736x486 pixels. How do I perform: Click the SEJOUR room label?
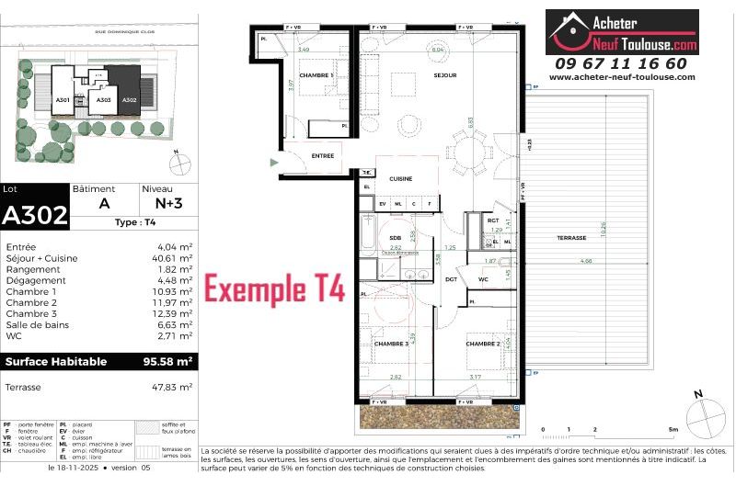(445, 75)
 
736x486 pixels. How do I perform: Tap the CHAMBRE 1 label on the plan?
(316, 75)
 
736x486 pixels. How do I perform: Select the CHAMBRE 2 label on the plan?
(482, 344)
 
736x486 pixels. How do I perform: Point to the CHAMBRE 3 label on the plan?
(391, 344)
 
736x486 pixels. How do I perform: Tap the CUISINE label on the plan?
(400, 179)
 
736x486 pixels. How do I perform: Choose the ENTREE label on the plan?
(322, 156)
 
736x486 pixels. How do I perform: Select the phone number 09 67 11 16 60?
(621, 63)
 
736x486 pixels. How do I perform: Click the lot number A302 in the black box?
(35, 216)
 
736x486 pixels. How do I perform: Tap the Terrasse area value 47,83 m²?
(172, 388)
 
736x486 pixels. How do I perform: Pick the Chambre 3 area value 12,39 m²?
(173, 314)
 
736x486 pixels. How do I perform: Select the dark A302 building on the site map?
(129, 97)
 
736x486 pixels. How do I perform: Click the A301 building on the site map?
(63, 99)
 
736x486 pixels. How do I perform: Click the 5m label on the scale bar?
(673, 430)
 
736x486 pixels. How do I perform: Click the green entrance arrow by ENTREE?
(272, 163)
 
